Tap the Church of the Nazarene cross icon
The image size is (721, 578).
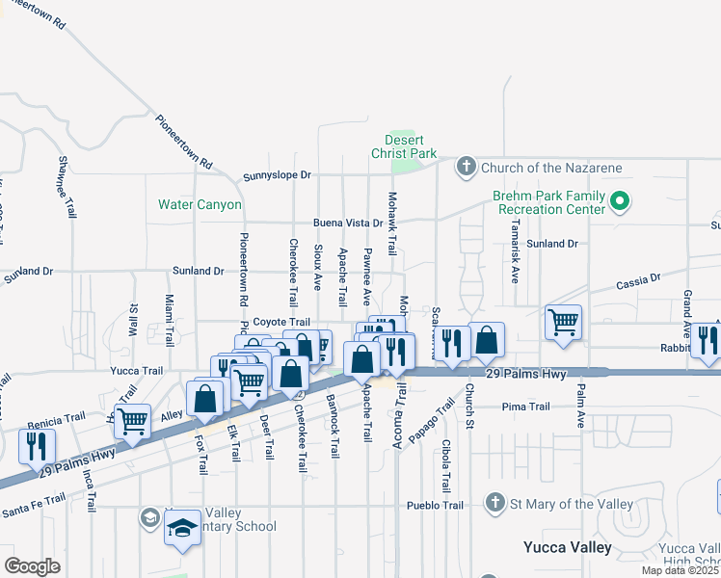466,168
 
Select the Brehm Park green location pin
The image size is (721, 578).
620,203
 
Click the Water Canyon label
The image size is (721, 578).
200,205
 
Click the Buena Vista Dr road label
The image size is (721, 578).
347,223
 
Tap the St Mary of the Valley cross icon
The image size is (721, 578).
494,503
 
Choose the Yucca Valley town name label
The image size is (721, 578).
567,547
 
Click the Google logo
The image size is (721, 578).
32,566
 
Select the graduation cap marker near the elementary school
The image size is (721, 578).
182,529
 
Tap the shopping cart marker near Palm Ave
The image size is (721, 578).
563,323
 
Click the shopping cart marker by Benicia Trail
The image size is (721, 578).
132,420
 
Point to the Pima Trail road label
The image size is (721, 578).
524,407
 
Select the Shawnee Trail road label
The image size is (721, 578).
67,186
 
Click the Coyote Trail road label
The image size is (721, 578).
281,323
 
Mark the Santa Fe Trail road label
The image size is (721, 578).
34,504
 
